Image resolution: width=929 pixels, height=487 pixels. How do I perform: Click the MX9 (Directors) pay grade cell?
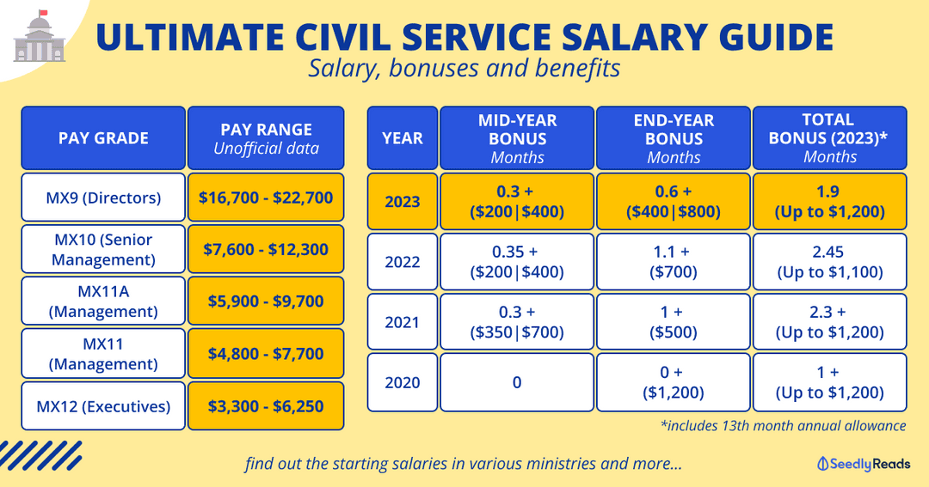point(103,198)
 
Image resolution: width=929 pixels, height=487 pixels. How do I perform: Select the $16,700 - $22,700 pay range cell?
point(266,198)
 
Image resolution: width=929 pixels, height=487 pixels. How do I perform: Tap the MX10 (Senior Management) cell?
point(103,249)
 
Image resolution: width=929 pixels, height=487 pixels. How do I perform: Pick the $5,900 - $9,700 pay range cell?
point(266,301)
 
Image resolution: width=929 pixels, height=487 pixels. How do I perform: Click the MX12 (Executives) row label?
point(103,406)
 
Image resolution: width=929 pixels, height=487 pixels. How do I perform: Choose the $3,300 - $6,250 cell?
point(266,406)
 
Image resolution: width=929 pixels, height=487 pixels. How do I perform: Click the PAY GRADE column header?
point(103,137)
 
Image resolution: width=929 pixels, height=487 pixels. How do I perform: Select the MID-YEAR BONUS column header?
point(517,137)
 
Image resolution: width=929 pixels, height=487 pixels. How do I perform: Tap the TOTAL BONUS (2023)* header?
point(830,137)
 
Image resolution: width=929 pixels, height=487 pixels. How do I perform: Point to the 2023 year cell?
point(403,202)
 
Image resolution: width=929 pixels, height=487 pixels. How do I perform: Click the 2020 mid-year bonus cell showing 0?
point(517,382)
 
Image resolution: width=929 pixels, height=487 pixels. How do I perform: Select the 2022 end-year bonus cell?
point(674,262)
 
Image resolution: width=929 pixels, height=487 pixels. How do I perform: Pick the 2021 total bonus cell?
point(830,322)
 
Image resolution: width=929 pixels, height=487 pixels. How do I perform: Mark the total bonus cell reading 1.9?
point(830,202)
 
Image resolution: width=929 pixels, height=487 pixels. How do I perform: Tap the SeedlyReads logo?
point(863,464)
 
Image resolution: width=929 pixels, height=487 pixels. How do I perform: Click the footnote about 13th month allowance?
point(783,424)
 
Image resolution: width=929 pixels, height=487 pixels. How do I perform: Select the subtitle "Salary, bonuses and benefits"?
point(464,69)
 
